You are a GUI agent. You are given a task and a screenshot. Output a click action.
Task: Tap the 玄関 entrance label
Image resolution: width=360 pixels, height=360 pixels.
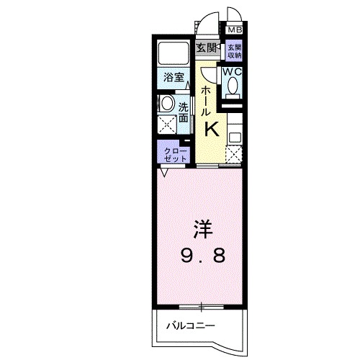207,48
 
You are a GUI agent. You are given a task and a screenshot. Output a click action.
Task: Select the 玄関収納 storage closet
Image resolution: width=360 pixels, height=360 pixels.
235,51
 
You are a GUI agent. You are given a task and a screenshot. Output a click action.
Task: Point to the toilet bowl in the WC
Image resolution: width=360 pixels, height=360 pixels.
232,86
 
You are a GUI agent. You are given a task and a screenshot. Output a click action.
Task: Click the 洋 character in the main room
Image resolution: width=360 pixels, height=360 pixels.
201,229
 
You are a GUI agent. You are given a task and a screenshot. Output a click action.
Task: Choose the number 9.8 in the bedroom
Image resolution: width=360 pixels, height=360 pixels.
201,255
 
